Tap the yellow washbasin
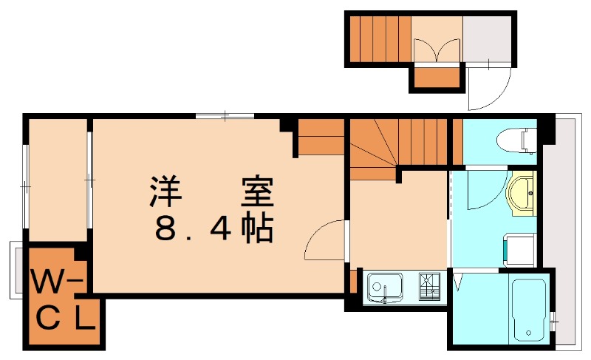tap(522, 191)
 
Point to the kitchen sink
tap(384, 286)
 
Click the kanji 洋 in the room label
tap(168, 191)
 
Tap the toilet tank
tap(528, 138)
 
